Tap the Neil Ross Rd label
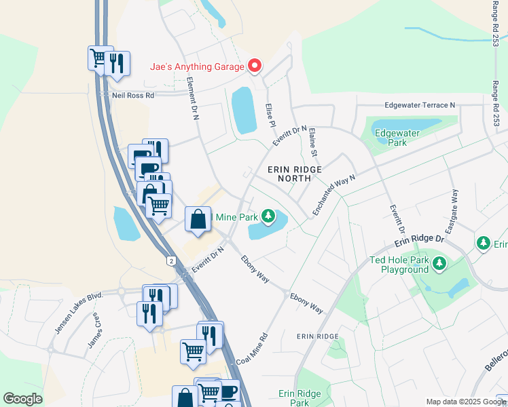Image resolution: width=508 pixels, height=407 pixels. (x=133, y=95)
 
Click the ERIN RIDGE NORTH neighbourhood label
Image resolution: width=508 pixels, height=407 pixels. (x=294, y=173)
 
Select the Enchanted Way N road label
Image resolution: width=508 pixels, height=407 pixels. (x=334, y=195)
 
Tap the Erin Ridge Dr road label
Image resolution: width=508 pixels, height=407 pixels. (x=420, y=241)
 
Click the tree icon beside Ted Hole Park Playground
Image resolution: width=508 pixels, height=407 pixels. (x=439, y=263)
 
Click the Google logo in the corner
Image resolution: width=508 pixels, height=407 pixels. (x=22, y=398)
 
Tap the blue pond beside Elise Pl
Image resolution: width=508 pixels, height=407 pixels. (x=243, y=110)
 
